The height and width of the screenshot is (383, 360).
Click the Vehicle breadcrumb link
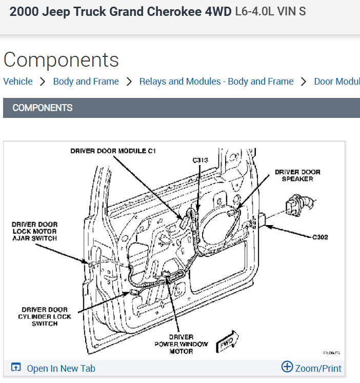coord(18,82)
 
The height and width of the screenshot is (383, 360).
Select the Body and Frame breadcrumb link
coord(86,82)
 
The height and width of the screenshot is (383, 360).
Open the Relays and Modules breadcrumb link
coord(216,82)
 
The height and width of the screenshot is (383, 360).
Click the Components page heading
coord(61,60)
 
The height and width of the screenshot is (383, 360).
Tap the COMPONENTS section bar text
coord(43,108)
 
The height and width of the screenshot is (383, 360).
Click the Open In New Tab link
coord(61,368)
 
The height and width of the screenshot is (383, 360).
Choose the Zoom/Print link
coord(318,368)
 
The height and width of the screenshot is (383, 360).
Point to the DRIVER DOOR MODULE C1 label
coord(113,151)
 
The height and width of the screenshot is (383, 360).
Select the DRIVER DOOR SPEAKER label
coord(297,175)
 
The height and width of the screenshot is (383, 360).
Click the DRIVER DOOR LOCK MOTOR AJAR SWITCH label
coord(35,231)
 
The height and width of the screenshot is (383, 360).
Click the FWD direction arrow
coord(226,343)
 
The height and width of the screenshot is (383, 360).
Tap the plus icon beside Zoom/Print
coord(287,367)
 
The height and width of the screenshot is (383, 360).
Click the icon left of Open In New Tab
coord(16,368)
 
